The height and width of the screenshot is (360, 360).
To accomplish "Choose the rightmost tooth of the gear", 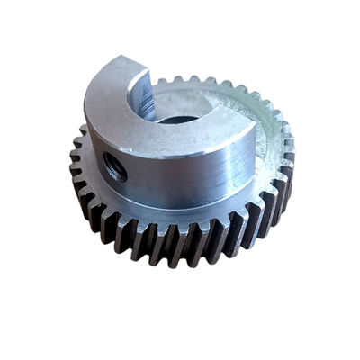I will (289, 144).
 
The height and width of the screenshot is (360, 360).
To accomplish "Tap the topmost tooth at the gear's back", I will (193, 81).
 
